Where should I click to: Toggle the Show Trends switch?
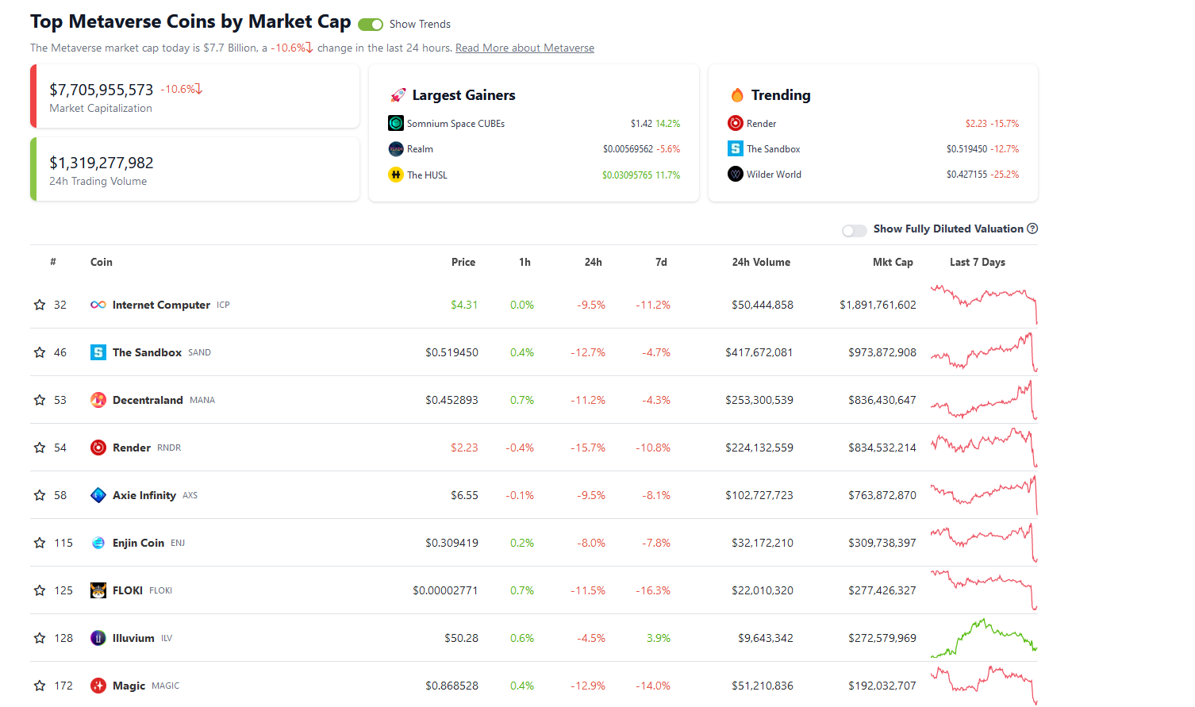coord(371,25)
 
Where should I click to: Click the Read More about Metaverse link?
coord(524,48)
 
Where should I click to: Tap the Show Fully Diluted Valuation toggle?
coord(854,230)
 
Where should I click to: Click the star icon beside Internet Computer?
coord(40,305)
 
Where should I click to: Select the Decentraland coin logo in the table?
coord(98,400)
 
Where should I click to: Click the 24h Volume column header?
coord(760,262)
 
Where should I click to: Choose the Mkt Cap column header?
coord(892,262)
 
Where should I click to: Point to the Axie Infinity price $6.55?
coord(464,495)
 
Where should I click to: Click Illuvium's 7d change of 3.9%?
coord(658,638)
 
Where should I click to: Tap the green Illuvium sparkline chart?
coord(984,638)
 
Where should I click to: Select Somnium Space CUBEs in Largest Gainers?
coord(455,124)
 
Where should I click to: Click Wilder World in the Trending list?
coord(773,175)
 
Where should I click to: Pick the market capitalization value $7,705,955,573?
coord(102,90)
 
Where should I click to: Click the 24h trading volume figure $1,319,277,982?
coord(102,163)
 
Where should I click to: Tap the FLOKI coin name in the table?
coord(128,590)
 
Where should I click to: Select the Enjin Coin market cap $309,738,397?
coord(882,543)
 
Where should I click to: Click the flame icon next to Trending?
coord(737,95)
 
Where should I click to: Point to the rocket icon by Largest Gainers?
coord(398,95)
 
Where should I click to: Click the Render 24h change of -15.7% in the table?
coord(588,448)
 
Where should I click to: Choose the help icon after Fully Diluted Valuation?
coord(1032,229)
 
